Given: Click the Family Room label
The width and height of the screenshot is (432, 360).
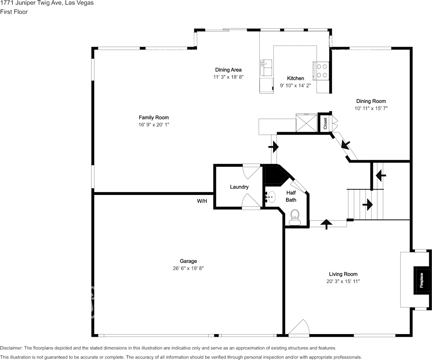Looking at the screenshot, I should tap(154, 118).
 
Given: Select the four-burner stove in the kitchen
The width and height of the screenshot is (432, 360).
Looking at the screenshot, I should tap(322, 70).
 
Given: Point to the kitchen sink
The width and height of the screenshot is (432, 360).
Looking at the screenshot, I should tap(266, 68).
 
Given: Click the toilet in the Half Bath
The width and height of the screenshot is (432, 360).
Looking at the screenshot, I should tap(294, 218).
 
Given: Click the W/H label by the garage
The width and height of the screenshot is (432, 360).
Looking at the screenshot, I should tap(202, 201).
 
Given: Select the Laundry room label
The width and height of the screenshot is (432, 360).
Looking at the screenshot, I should tap(239, 187).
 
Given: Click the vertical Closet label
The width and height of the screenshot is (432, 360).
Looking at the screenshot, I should tap(325, 123).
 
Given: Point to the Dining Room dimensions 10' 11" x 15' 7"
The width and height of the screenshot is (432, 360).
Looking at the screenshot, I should tap(371, 108).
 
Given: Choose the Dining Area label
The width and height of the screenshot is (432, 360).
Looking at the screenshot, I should tap(228, 70).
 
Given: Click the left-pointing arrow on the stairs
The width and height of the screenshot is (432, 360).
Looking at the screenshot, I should tap(381, 175).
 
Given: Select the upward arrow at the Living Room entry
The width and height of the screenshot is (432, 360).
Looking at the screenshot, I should tap(326, 224).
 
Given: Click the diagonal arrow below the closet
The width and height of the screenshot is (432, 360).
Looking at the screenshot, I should tap(346, 145).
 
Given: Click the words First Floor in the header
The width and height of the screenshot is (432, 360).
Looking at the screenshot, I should tap(14, 12).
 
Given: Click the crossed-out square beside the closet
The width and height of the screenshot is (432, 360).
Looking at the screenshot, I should tap(307, 123).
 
